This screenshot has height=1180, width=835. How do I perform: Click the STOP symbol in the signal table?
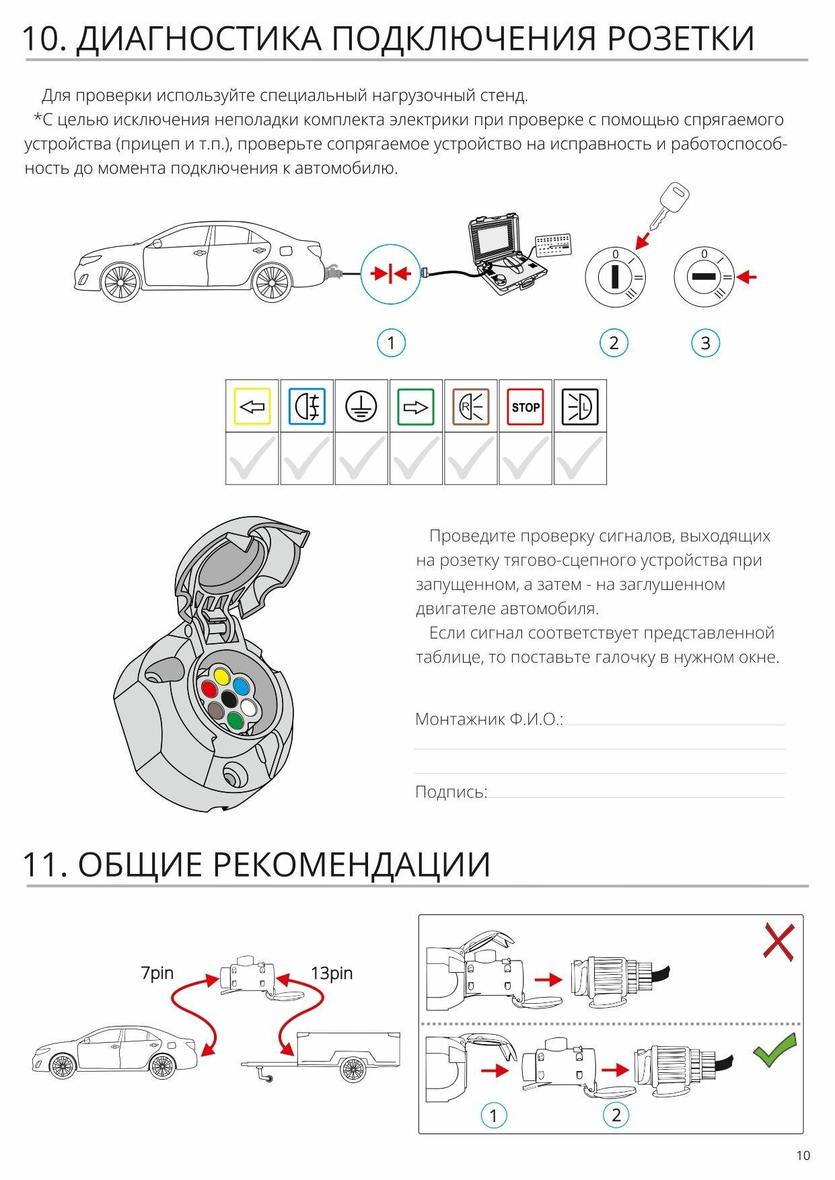point(525,406)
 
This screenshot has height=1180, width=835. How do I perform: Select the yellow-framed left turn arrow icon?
point(252,406)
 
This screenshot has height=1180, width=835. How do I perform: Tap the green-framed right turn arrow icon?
point(416,406)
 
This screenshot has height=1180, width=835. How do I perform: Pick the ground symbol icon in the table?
point(361,406)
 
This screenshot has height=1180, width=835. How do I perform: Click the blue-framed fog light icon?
point(307,406)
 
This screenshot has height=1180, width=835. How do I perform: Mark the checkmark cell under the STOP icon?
point(525,459)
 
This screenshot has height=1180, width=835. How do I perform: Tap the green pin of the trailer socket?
point(235,721)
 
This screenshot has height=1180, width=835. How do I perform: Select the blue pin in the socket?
point(241,686)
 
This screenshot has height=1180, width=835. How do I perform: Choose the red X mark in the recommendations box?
point(778,941)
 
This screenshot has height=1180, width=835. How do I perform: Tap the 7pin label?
point(157,973)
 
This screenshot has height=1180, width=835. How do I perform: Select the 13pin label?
point(331,973)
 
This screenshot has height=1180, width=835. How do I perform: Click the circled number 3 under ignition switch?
point(705,343)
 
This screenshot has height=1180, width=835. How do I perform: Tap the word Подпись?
point(451,792)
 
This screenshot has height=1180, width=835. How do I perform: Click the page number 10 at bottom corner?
point(803,1155)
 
